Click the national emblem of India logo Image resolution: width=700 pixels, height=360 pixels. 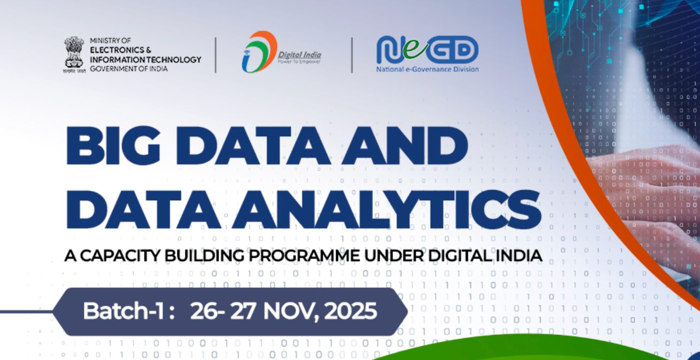click(x=74, y=53)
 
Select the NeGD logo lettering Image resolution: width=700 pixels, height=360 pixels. click(x=427, y=50)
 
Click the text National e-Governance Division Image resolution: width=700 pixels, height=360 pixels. click(x=427, y=69)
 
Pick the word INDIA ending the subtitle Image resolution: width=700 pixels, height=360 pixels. click(x=519, y=256)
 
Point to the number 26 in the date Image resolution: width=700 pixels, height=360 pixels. click(x=204, y=311)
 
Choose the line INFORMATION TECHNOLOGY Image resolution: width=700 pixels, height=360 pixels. click(x=145, y=59)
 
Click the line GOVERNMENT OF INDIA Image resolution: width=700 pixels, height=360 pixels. click(x=128, y=69)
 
